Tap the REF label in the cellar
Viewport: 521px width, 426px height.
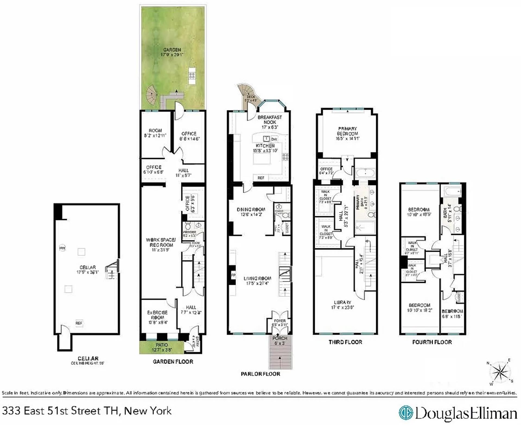point(79,323)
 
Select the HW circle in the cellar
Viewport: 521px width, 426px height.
point(62,248)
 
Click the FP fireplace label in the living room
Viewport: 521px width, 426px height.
point(233,275)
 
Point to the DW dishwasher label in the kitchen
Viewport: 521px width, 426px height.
point(274,139)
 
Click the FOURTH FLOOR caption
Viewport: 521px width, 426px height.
point(432,342)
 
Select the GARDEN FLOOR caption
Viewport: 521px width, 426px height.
point(173,362)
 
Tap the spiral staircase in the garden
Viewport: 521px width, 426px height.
point(151,95)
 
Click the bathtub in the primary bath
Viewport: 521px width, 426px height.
point(365,173)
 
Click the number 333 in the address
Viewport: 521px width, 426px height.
point(11,411)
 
